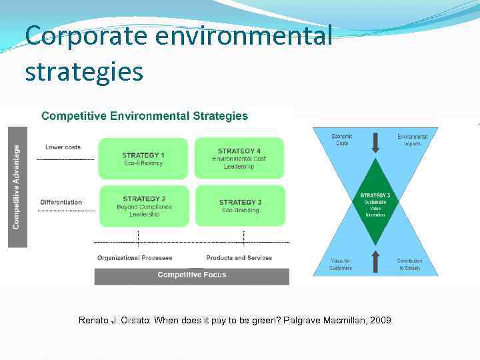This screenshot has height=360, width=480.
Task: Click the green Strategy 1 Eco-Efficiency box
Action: click(143, 159)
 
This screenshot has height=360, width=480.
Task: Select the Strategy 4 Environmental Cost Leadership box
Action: click(239, 159)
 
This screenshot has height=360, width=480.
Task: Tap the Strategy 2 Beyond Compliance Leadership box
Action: click(143, 206)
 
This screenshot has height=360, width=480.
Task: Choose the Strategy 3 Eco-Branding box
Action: click(240, 206)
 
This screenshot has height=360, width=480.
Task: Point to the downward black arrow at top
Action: click(376, 143)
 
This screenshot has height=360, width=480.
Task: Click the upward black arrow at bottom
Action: click(376, 261)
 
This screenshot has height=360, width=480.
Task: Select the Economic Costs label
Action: click(342, 140)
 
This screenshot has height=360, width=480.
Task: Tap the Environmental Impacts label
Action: click(412, 140)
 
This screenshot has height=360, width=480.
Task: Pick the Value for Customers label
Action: click(340, 264)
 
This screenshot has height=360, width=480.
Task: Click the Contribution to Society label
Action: click(409, 264)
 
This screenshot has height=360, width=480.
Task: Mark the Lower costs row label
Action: click(63, 147)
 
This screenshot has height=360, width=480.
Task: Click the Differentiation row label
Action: click(61, 202)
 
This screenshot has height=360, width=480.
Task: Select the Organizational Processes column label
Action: click(135, 258)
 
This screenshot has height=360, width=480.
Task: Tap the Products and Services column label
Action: click(239, 258)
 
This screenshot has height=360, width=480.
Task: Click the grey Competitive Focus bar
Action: click(191, 275)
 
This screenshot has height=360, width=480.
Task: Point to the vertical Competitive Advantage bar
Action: click(17, 187)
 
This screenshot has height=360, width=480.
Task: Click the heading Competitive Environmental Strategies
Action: click(145, 116)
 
